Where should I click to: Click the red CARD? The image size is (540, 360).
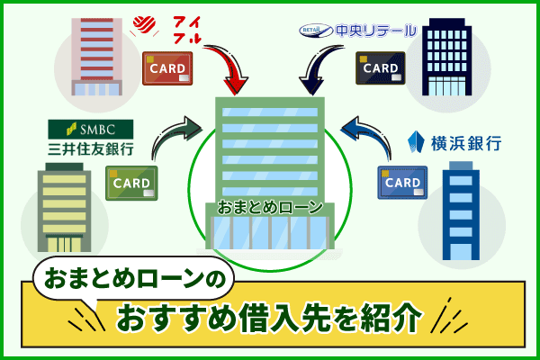coord(168,68)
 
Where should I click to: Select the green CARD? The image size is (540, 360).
coord(131,182)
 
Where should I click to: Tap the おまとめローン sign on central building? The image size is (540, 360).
coord(269,208)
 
